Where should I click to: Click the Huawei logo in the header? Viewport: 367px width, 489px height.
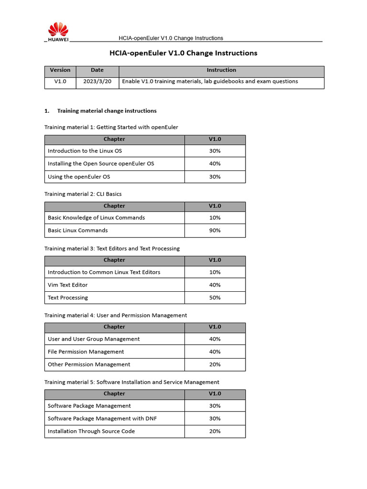coord(58,32)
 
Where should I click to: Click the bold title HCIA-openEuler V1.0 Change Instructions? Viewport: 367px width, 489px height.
coord(184,53)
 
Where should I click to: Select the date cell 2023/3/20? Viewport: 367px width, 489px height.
coord(97,82)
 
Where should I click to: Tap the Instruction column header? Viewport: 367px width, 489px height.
coord(221,70)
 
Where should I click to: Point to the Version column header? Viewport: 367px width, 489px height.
coord(60,70)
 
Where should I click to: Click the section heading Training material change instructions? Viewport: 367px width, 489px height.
coord(107,111)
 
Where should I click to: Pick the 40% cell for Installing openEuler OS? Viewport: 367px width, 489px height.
coord(215,164)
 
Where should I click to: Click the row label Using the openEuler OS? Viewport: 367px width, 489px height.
coord(79,177)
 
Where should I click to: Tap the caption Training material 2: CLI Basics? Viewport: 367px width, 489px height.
coord(83,194)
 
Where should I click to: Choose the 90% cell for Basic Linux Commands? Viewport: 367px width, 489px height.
coord(215,231)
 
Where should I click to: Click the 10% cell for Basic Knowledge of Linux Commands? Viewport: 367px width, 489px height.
coord(215,218)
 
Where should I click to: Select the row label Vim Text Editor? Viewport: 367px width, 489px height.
coord(67,285)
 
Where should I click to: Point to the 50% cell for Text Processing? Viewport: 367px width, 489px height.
coord(215,298)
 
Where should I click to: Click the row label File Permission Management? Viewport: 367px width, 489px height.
coord(86,352)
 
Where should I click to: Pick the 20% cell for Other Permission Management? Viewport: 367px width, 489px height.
coord(215,365)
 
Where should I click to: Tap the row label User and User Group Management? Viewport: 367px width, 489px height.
coord(94,339)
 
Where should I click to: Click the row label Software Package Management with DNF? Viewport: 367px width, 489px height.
coord(102,419)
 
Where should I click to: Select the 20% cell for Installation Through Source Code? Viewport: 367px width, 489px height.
coord(215,432)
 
